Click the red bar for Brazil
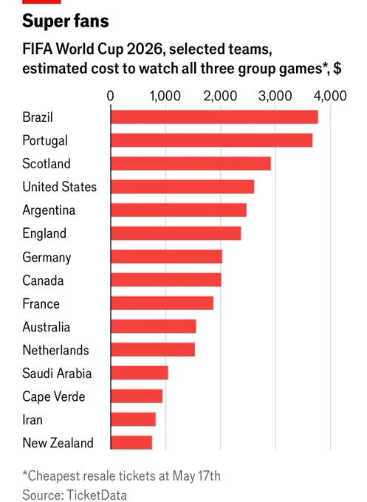pos(215,117)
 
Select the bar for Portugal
pos(212,140)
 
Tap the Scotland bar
pos(191,164)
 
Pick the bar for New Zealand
pos(131,442)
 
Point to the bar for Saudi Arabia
pos(140,373)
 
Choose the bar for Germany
pos(167,256)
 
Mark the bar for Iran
pos(133,419)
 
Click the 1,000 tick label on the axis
pos(165,96)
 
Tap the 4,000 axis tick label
pos(330,96)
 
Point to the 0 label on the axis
pos(110,96)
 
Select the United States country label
pos(60,187)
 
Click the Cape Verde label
pos(54,396)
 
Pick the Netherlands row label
pos(55,350)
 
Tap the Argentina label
pos(49,210)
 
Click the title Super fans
pos(66,21)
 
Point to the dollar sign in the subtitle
pos(337,68)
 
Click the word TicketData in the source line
pos(97,495)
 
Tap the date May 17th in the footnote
pos(196,475)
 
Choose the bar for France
pos(162,303)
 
